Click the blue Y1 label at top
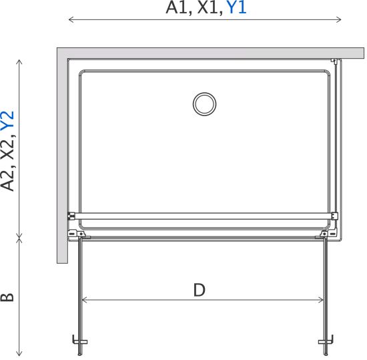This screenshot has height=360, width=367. (x=237, y=8)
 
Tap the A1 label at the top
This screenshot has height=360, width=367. (x=176, y=8)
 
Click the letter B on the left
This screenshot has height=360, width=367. (x=7, y=297)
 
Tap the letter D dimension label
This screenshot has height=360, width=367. (x=200, y=290)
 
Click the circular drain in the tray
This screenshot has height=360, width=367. (x=205, y=104)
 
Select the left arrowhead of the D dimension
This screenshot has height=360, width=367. (x=84, y=300)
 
